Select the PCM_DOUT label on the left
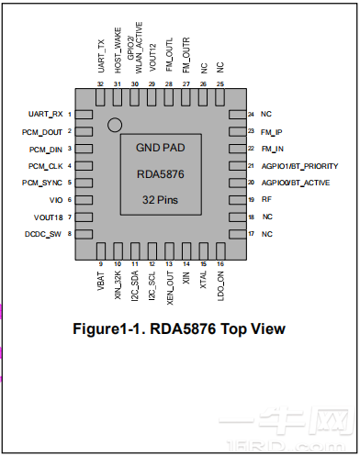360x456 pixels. pyautogui.click(x=42, y=131)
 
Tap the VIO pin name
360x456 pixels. pyautogui.click(x=55, y=199)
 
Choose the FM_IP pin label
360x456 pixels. pyautogui.click(x=272, y=131)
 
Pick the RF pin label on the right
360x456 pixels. pyautogui.click(x=266, y=199)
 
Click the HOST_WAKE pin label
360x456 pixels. pyautogui.click(x=118, y=59)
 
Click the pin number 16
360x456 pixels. pyautogui.click(x=220, y=264)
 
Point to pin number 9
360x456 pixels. pyautogui.click(x=100, y=264)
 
